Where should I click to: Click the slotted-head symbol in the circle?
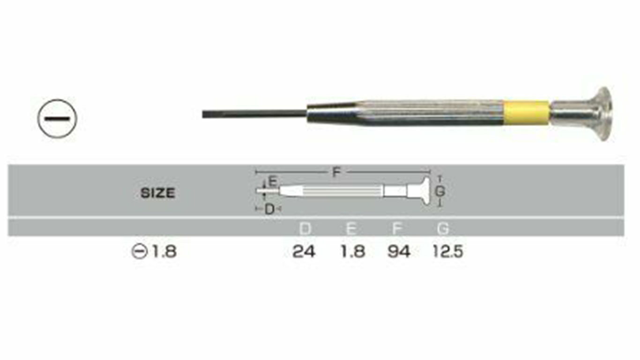57,119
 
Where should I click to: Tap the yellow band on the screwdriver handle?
526,112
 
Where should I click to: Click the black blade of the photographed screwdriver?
254,114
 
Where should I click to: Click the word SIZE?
157,193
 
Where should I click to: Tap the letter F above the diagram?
336,172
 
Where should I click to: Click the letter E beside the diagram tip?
273,182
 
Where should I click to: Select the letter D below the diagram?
269,210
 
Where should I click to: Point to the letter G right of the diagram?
440,191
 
